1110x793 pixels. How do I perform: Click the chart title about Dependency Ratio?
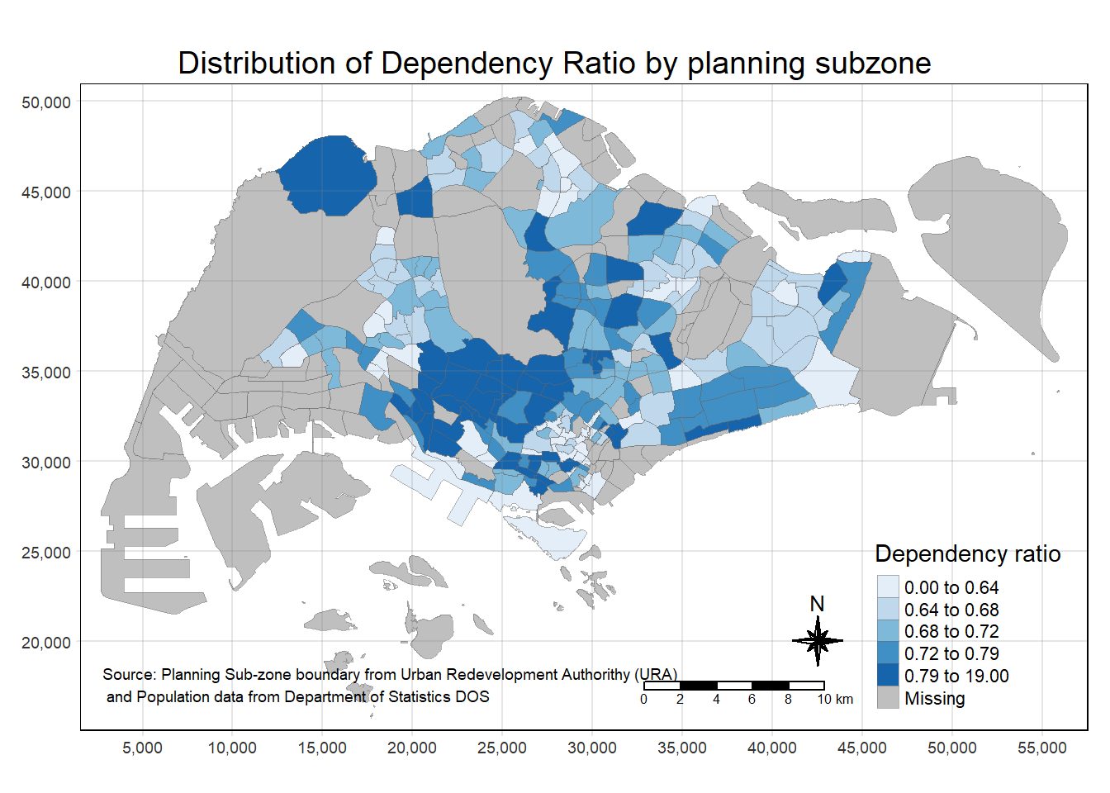(554, 64)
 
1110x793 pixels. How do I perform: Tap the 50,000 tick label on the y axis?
(46, 102)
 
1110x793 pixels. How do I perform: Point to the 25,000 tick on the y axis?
(46, 553)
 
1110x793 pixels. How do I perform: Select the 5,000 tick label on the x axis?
(142, 748)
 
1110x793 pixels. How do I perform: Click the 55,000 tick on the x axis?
(1041, 748)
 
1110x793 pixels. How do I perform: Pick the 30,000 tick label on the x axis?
(591, 748)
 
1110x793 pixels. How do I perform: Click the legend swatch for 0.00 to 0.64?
(888, 586)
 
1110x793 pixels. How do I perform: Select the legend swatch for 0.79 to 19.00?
(888, 675)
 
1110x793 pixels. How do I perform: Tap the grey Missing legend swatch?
(888, 697)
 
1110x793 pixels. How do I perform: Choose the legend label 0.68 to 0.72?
(951, 632)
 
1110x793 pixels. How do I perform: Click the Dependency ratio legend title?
(967, 553)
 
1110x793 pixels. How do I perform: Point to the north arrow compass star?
(818, 640)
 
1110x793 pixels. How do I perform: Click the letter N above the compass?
(817, 604)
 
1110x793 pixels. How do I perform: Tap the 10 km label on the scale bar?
(835, 700)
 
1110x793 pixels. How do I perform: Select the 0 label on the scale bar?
(643, 700)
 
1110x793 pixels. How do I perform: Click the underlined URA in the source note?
(657, 675)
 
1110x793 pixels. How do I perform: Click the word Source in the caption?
(127, 675)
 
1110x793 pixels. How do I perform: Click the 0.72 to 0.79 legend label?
(951, 654)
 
